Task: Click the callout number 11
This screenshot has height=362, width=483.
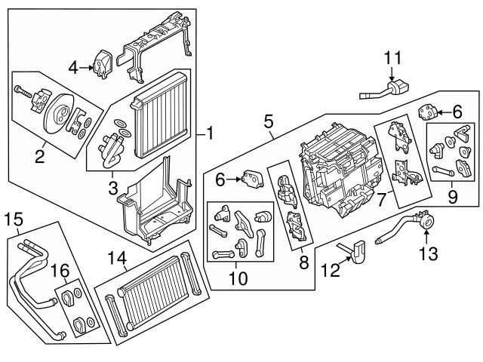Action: coord(392,57)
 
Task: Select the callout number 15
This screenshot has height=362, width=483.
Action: coord(14,220)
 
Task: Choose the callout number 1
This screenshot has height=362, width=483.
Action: coord(210,135)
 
